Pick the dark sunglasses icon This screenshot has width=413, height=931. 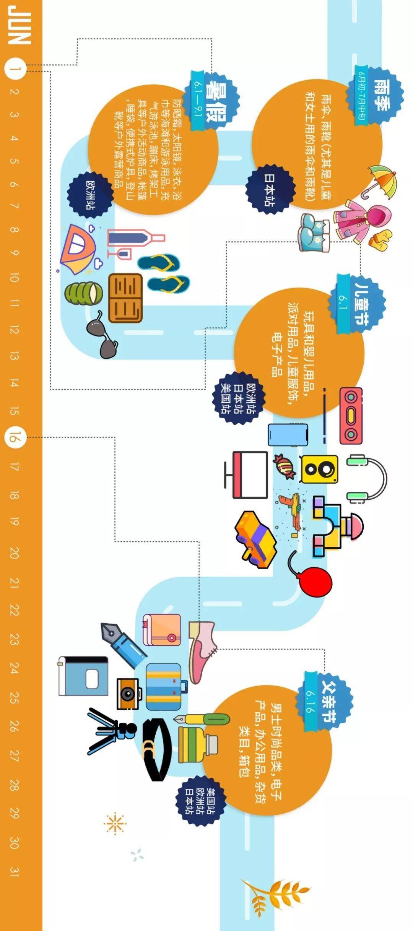click(103, 335)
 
